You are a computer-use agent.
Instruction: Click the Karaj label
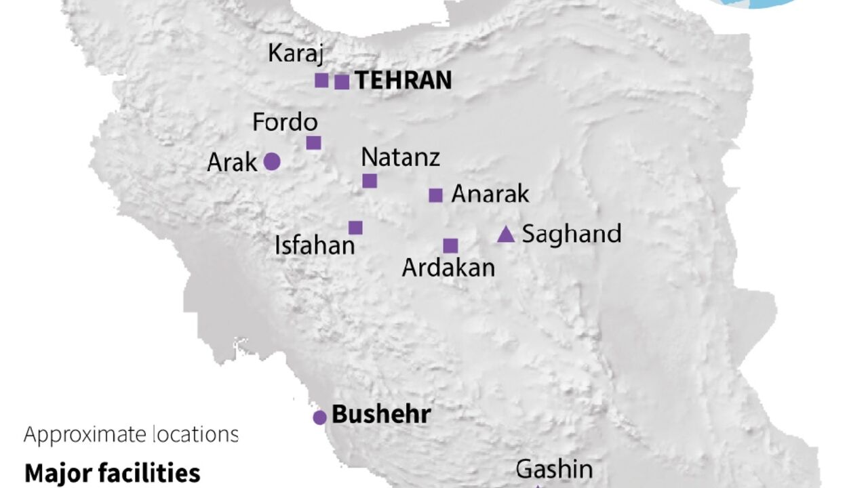pyautogui.click(x=296, y=53)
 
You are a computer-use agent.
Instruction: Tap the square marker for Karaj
pyautogui.click(x=321, y=81)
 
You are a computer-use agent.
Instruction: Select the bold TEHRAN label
pyautogui.click(x=403, y=81)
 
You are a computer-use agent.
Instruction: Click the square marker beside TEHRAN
pyautogui.click(x=342, y=82)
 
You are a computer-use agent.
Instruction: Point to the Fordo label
pyautogui.click(x=285, y=123)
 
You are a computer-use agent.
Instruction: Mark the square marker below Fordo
pyautogui.click(x=313, y=142)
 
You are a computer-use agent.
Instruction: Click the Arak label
pyautogui.click(x=232, y=163)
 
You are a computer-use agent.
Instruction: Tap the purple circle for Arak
pyautogui.click(x=271, y=161)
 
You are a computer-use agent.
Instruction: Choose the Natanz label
pyautogui.click(x=400, y=157)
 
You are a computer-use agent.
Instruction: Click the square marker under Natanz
pyautogui.click(x=370, y=180)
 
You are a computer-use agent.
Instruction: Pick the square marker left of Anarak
pyautogui.click(x=435, y=195)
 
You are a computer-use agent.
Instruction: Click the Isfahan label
pyautogui.click(x=315, y=245)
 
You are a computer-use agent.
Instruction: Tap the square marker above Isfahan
pyautogui.click(x=355, y=228)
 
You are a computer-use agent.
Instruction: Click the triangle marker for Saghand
pyautogui.click(x=506, y=235)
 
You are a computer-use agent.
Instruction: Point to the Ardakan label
pyautogui.click(x=448, y=268)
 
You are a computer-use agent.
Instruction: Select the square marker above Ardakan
pyautogui.click(x=450, y=245)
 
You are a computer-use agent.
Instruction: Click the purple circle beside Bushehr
pyautogui.click(x=319, y=418)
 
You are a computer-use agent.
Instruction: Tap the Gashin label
pyautogui.click(x=554, y=469)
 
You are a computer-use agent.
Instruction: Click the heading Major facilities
pyautogui.click(x=113, y=472)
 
